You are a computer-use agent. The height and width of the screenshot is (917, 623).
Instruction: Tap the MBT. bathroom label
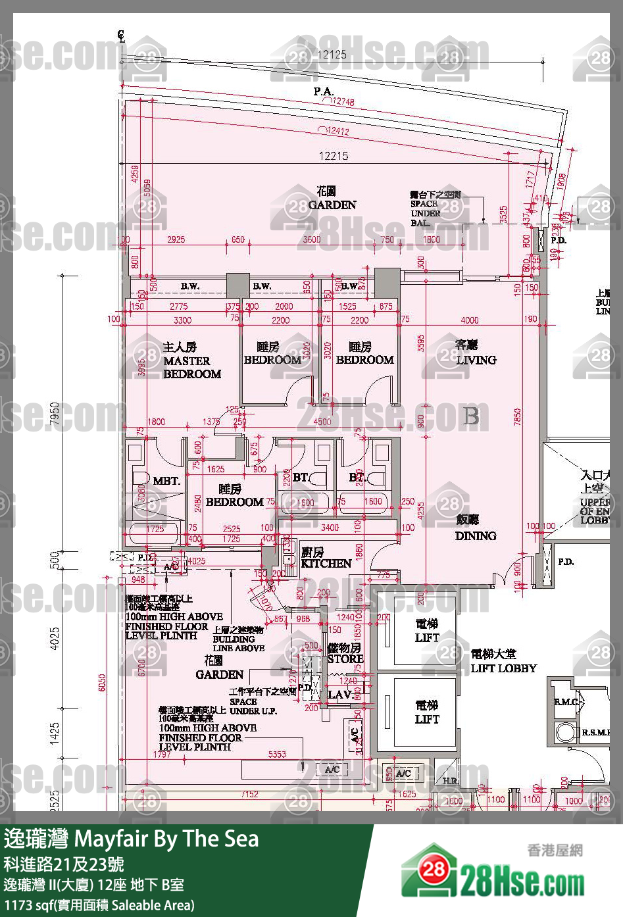[x=166, y=481]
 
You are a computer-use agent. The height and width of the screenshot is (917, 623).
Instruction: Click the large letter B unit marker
[x=471, y=416]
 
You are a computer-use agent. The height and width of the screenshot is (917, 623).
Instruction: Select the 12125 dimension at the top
[x=332, y=55]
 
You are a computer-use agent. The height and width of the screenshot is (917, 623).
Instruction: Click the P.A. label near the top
[x=323, y=91]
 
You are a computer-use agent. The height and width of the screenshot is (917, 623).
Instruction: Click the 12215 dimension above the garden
[x=334, y=156]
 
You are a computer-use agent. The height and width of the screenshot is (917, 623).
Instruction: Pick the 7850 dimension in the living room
[x=518, y=416]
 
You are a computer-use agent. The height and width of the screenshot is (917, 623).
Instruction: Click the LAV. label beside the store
[x=339, y=695]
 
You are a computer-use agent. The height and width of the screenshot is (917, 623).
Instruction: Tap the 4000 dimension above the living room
[x=469, y=320]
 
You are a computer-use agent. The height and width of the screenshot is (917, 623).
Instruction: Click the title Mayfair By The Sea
[x=166, y=839]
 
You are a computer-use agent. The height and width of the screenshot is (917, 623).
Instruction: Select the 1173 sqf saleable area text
[x=99, y=905]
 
